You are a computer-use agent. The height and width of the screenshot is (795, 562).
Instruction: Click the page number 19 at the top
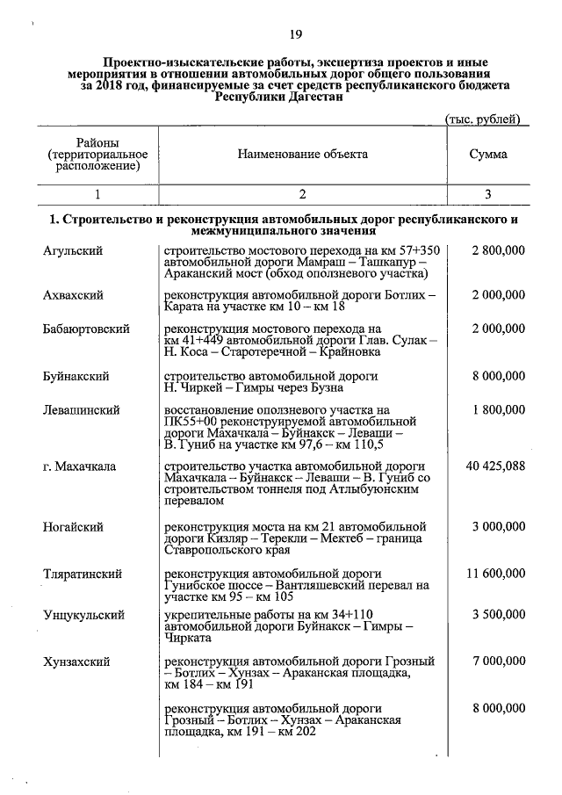point(295,34)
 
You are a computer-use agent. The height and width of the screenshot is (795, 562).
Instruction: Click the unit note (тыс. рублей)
point(486,119)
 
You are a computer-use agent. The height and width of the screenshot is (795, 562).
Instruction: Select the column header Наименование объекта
point(302,154)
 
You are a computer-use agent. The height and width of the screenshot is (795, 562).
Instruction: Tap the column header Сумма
point(487,154)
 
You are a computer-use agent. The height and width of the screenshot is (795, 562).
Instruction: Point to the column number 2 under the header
point(302,194)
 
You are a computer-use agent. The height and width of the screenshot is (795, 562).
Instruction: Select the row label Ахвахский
point(74,296)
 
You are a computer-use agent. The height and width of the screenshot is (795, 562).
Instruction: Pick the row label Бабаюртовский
point(86,329)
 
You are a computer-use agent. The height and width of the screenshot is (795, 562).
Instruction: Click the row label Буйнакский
point(76,376)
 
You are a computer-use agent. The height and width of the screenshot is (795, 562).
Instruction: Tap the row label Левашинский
point(81,409)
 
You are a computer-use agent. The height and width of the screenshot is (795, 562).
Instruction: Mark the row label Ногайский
point(73,526)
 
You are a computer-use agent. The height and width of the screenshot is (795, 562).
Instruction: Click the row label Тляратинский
point(82,574)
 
